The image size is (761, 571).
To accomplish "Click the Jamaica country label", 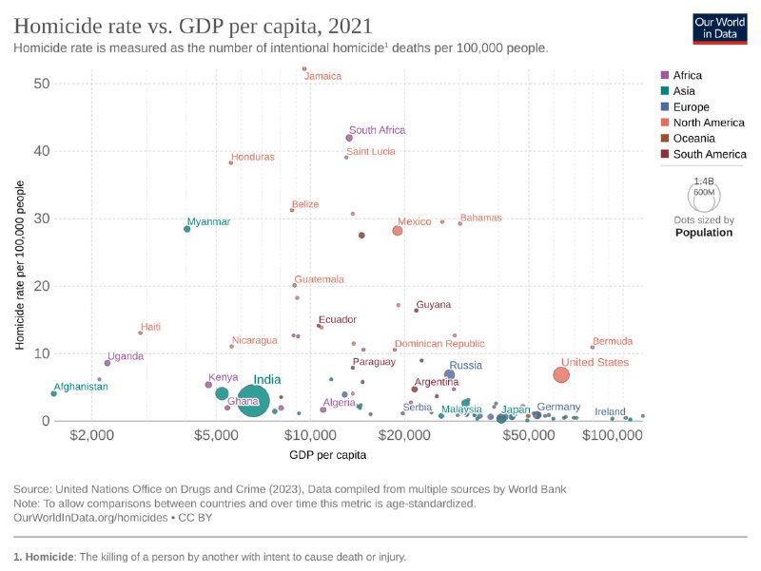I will pos(323,76).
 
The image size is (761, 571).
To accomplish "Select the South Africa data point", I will pos(349,138).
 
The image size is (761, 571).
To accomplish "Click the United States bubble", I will pos(561,374).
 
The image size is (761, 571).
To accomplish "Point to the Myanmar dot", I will pos(186,229).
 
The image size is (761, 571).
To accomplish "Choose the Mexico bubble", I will pos(398,231).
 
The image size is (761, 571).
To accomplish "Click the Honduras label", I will pos(253,157).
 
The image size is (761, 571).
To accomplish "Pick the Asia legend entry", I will pos(685,91).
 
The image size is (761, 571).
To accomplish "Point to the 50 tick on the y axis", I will pos(41,84).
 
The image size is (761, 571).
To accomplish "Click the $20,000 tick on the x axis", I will pos(406,434).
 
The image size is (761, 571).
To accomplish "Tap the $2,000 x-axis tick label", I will pos(91,434).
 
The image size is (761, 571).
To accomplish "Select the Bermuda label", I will pos(612,341).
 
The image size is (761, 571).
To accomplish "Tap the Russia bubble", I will pos(450,374).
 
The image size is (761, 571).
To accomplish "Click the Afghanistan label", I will pos(81,387).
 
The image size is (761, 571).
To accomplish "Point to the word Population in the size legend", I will pos(704,232).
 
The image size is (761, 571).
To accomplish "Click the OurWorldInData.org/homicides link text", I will pos(79,518).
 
